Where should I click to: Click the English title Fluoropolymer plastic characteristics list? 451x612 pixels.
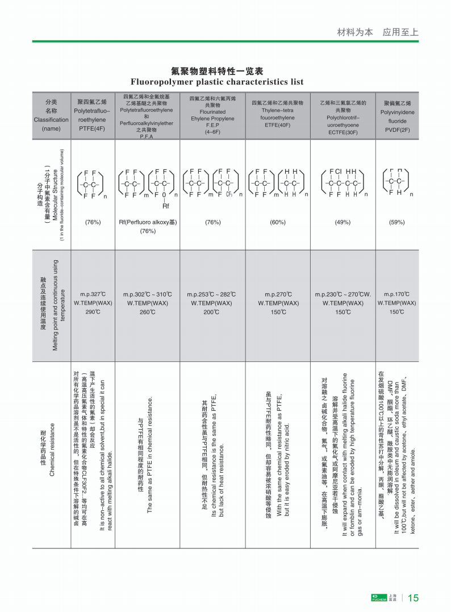(x=217, y=82)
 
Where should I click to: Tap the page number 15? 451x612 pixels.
(x=413, y=597)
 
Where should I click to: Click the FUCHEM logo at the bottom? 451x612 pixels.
(x=377, y=597)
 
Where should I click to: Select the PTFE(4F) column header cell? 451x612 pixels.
(x=92, y=115)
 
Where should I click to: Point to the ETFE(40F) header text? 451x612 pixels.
(x=277, y=125)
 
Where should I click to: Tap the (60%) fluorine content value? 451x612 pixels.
(x=277, y=222)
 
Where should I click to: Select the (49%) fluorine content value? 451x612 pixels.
(x=343, y=222)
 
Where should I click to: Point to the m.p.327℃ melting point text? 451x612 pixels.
(x=93, y=294)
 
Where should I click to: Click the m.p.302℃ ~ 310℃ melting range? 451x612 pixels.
(x=147, y=294)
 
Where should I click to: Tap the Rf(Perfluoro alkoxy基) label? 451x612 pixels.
(x=147, y=222)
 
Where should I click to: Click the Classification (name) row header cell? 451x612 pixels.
(x=51, y=115)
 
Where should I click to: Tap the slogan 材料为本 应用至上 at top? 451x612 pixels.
(x=378, y=32)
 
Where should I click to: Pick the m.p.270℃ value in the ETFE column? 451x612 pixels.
(x=278, y=294)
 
